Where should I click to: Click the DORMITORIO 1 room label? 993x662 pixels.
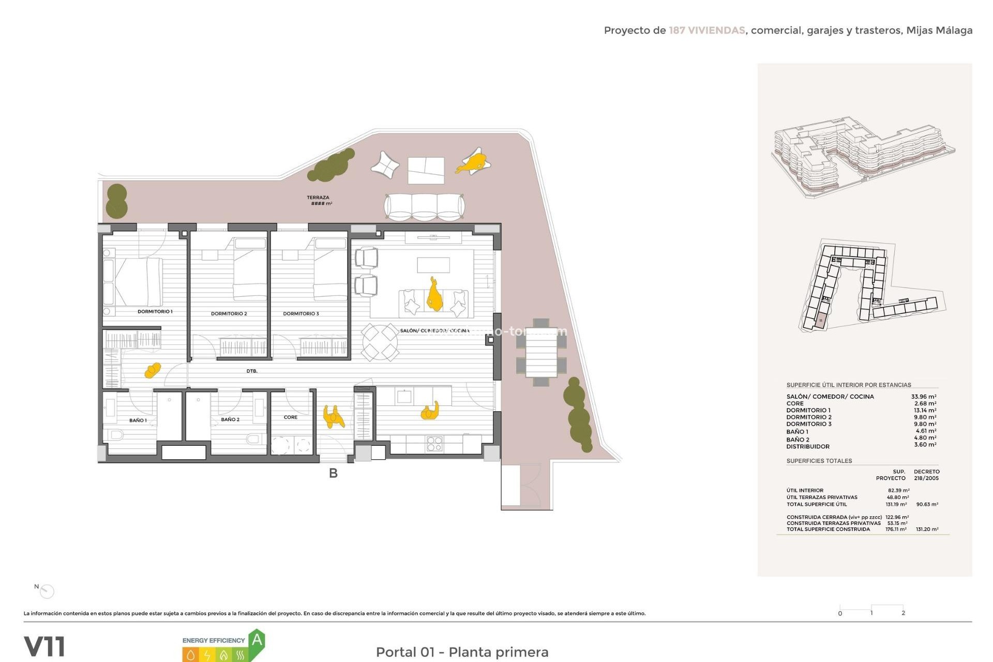[155, 312]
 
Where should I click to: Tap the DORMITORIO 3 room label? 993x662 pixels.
[300, 314]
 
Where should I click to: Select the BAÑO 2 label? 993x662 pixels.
[230, 419]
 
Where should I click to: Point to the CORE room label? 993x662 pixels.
[290, 417]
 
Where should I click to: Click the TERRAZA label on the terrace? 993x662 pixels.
[318, 198]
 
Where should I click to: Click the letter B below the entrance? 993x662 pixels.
[333, 473]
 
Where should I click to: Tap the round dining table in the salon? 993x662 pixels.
[380, 342]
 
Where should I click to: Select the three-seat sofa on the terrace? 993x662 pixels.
[424, 207]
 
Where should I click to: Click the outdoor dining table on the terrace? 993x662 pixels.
[541, 353]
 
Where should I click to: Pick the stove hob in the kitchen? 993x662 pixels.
[434, 444]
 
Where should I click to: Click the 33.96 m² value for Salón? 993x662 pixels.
[923, 397]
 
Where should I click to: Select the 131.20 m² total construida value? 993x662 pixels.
[927, 530]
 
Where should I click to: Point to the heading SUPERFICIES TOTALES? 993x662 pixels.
[819, 461]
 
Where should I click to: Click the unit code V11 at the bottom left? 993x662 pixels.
[44, 646]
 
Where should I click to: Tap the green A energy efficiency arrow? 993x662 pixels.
[257, 641]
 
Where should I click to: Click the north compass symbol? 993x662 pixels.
[47, 591]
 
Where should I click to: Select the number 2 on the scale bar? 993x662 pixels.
[903, 613]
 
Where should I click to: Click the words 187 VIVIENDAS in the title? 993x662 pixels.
[706, 31]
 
